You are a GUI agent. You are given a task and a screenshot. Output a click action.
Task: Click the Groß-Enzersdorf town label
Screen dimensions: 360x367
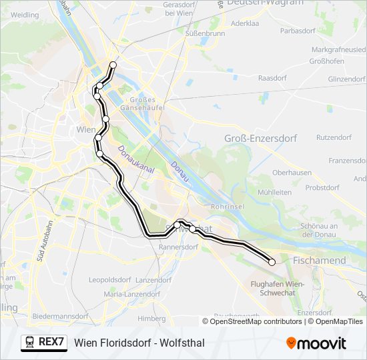pos(261,138)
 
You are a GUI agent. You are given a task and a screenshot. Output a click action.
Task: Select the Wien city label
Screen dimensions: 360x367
pos(87,129)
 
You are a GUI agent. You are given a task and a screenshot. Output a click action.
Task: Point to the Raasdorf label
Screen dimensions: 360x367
pos(272,78)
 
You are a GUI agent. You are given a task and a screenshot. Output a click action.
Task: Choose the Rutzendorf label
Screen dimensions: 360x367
pos(334,137)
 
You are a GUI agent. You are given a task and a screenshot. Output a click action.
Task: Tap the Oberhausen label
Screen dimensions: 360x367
pos(292,172)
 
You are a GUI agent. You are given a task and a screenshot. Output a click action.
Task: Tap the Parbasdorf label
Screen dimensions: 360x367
pos(298,31)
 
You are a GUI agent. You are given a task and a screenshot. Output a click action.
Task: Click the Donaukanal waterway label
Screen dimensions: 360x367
pos(135,161)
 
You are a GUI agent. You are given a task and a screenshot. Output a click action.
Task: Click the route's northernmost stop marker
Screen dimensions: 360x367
pos(113,65)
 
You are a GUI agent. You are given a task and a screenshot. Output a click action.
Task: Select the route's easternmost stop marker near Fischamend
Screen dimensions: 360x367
pos(272,262)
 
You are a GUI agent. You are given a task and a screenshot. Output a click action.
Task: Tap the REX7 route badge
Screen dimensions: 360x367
pos(44,343)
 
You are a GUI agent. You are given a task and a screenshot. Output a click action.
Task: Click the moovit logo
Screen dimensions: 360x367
pos(316,343)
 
